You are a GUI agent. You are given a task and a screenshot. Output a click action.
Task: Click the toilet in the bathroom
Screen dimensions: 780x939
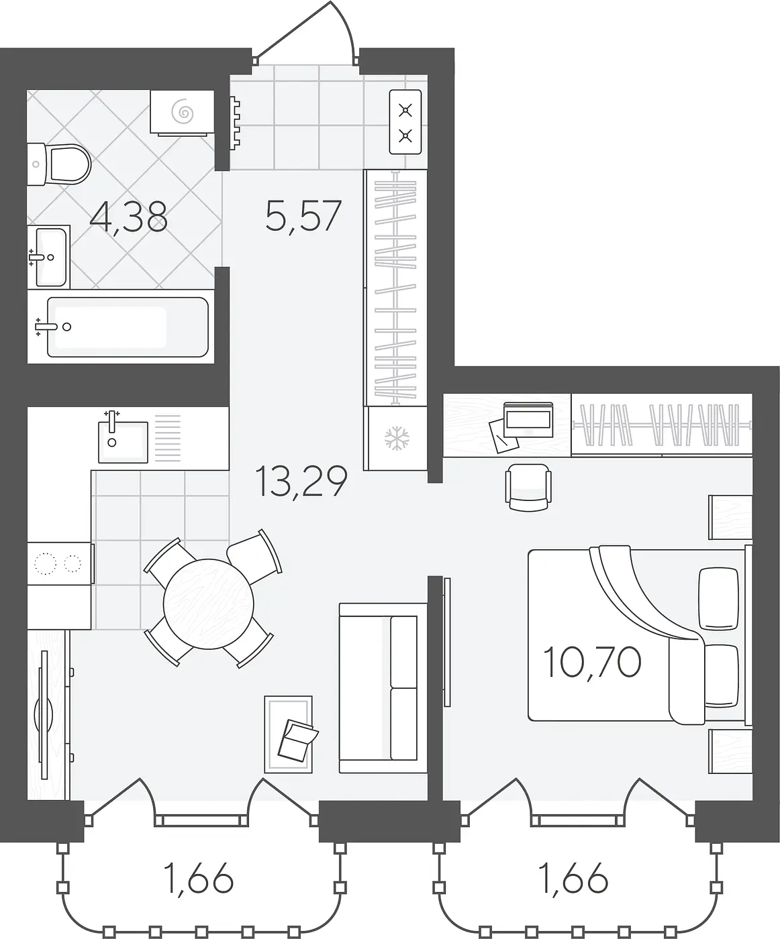(x=58, y=164)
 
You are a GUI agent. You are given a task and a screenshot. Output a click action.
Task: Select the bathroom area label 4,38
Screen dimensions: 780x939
(x=129, y=218)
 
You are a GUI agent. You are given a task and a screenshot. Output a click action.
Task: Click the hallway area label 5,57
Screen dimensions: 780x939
(x=303, y=216)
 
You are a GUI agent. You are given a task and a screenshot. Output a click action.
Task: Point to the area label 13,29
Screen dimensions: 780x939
(x=301, y=481)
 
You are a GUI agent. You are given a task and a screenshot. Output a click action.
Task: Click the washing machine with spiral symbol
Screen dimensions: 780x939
(x=182, y=113)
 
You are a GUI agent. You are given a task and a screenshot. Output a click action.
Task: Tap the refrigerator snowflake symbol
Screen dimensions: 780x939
(x=397, y=439)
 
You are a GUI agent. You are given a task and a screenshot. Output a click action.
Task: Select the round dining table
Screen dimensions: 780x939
(x=208, y=604)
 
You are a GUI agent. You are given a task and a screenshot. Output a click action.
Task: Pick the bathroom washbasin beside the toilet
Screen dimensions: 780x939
(x=48, y=257)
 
